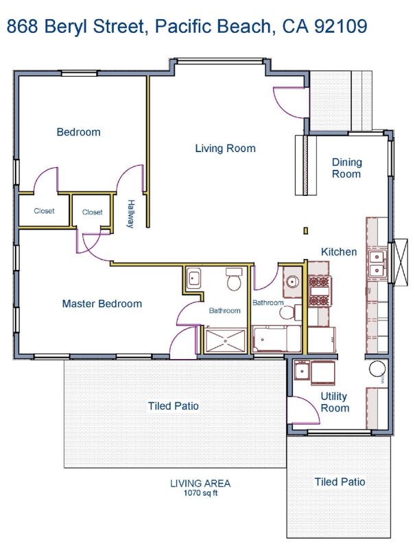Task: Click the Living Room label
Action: tap(225, 149)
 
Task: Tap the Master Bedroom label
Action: tap(102, 303)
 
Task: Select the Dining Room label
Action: tap(346, 168)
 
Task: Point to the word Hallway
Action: tap(130, 214)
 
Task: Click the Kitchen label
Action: tap(339, 251)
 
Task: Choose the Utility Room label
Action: tap(335, 402)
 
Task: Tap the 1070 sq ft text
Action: tap(201, 493)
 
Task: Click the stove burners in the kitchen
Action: tap(320, 290)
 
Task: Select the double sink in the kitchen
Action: tap(377, 264)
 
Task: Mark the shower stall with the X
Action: tap(226, 340)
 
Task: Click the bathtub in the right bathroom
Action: tap(276, 339)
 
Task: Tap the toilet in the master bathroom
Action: tap(234, 279)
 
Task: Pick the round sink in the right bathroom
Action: tap(292, 281)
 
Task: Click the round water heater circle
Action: tap(377, 369)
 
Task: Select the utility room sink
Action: tap(301, 371)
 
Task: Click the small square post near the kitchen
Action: tap(306, 231)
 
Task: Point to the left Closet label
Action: tap(44, 211)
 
